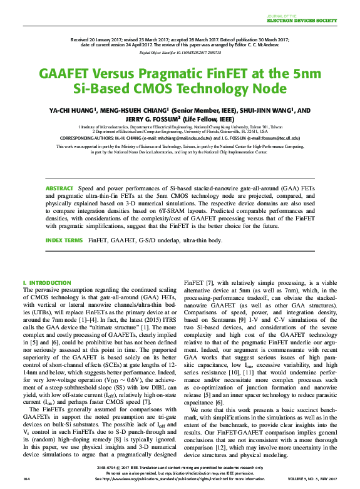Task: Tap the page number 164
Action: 26,478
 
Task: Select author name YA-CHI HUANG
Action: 74,110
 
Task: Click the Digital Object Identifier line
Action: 180,53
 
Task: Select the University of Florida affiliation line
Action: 180,132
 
